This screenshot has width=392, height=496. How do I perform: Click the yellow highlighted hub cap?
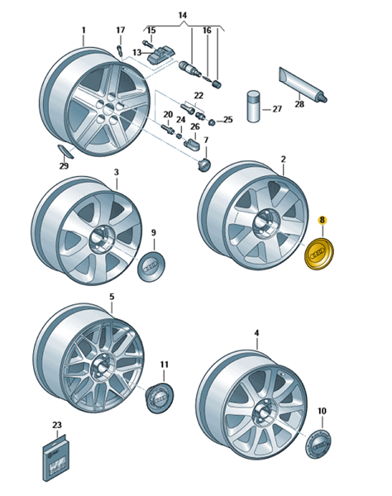pos(319,254)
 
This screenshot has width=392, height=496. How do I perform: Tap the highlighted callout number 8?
pos(322,221)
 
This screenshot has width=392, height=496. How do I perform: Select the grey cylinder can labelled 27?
pos(253,107)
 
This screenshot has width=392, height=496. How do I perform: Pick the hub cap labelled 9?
pos(151,266)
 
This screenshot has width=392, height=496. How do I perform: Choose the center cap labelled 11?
pos(160,398)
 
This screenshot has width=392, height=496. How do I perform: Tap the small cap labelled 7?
pos(205,164)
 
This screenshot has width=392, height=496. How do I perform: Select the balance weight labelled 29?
pos(65,151)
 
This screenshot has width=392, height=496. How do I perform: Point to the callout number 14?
pos(183,15)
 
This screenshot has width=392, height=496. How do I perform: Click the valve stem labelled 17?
pos(119,50)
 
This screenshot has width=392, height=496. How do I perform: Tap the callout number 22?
pos(198,95)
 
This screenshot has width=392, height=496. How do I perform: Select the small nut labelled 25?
pos(213,122)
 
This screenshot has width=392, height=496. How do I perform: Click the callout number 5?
pos(112,297)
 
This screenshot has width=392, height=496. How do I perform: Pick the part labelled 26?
pos(192,144)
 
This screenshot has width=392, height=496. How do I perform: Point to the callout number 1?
pos(84,30)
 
